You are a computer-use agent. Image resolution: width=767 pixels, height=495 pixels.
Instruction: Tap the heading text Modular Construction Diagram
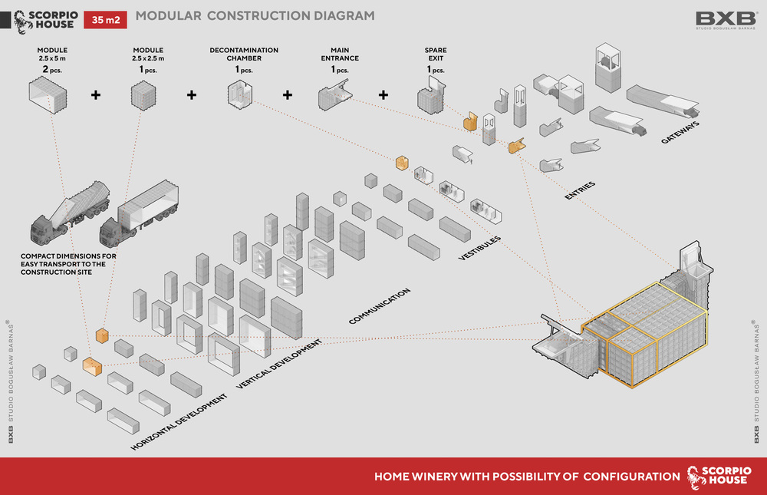[x=255, y=15]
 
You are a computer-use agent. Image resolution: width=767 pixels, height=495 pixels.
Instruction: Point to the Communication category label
[x=380, y=305]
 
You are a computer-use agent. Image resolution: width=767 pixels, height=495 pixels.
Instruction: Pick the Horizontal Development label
[x=179, y=421]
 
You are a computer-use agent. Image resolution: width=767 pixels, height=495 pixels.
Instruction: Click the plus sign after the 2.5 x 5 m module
[x=96, y=95]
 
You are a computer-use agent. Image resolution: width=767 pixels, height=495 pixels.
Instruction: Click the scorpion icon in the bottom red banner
[x=695, y=476]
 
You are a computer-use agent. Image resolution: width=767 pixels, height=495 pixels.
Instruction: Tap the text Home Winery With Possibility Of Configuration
[x=527, y=477]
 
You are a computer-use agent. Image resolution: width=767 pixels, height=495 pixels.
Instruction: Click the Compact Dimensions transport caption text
[x=68, y=262]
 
